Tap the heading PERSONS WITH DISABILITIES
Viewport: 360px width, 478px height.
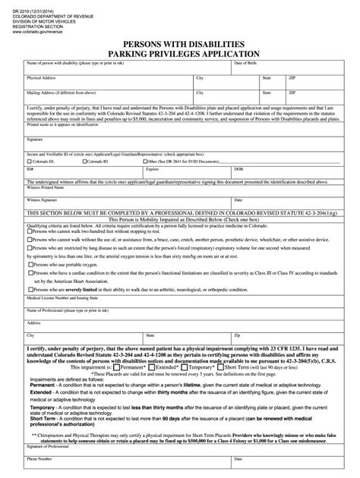pyautogui.click(x=179, y=44)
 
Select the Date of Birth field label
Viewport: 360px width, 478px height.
pyautogui.click(x=245, y=63)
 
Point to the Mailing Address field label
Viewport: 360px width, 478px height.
pyautogui.click(x=60, y=93)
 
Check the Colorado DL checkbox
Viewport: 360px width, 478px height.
pyautogui.click(x=28, y=162)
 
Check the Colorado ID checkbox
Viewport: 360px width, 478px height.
pyautogui.click(x=82, y=162)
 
